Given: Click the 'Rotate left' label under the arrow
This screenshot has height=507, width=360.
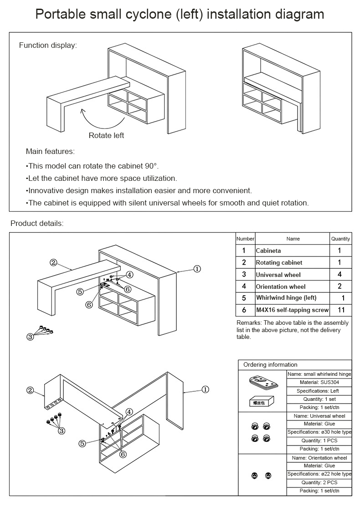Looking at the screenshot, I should (x=106, y=135).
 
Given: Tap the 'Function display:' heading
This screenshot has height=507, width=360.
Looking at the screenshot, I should (x=48, y=45).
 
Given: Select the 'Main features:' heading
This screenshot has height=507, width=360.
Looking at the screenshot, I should (x=50, y=151).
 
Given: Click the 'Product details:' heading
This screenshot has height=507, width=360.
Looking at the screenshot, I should (x=37, y=223).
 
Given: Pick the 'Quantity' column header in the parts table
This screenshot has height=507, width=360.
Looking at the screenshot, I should (x=340, y=239).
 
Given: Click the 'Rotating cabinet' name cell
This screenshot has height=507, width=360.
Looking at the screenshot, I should (x=279, y=263).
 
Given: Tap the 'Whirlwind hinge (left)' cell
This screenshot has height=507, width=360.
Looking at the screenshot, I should (x=286, y=298).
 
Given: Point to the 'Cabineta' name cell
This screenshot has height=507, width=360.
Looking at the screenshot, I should (x=268, y=251).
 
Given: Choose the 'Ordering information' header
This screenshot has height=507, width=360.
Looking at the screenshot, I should (x=270, y=365).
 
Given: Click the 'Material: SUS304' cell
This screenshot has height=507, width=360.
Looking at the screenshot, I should (x=319, y=383).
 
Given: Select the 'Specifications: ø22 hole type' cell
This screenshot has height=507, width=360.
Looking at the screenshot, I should (x=319, y=474).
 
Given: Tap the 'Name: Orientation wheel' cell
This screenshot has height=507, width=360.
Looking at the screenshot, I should (x=319, y=458).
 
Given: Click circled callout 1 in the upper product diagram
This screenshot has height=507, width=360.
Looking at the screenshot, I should (x=197, y=269).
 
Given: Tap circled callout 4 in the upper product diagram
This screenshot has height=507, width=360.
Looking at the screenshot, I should (x=129, y=275).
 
